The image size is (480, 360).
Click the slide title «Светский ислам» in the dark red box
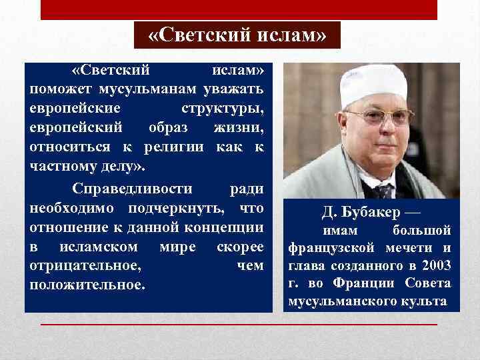click(237, 35)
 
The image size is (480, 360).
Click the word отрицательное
click(85, 265)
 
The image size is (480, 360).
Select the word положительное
click(87, 285)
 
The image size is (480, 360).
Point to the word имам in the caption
click(340, 231)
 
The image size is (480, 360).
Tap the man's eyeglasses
click(378, 117)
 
